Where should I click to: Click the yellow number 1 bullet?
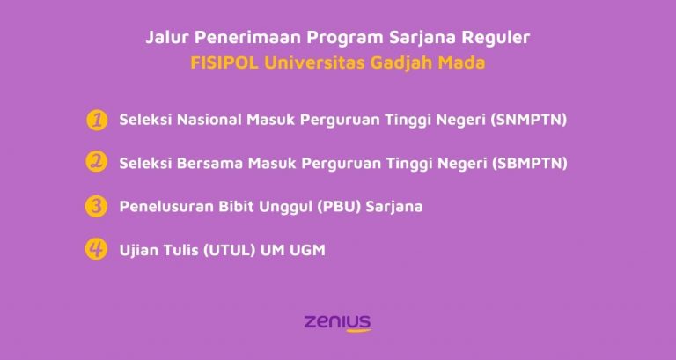[97, 120]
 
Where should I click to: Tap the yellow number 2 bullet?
[97, 163]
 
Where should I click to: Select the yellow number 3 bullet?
[97, 206]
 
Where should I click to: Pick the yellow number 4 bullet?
[97, 249]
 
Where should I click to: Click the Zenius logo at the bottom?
[337, 321]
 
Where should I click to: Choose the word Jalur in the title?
[165, 38]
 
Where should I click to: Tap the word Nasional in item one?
[204, 120]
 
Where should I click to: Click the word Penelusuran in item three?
[161, 207]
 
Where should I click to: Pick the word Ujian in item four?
[138, 250]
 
